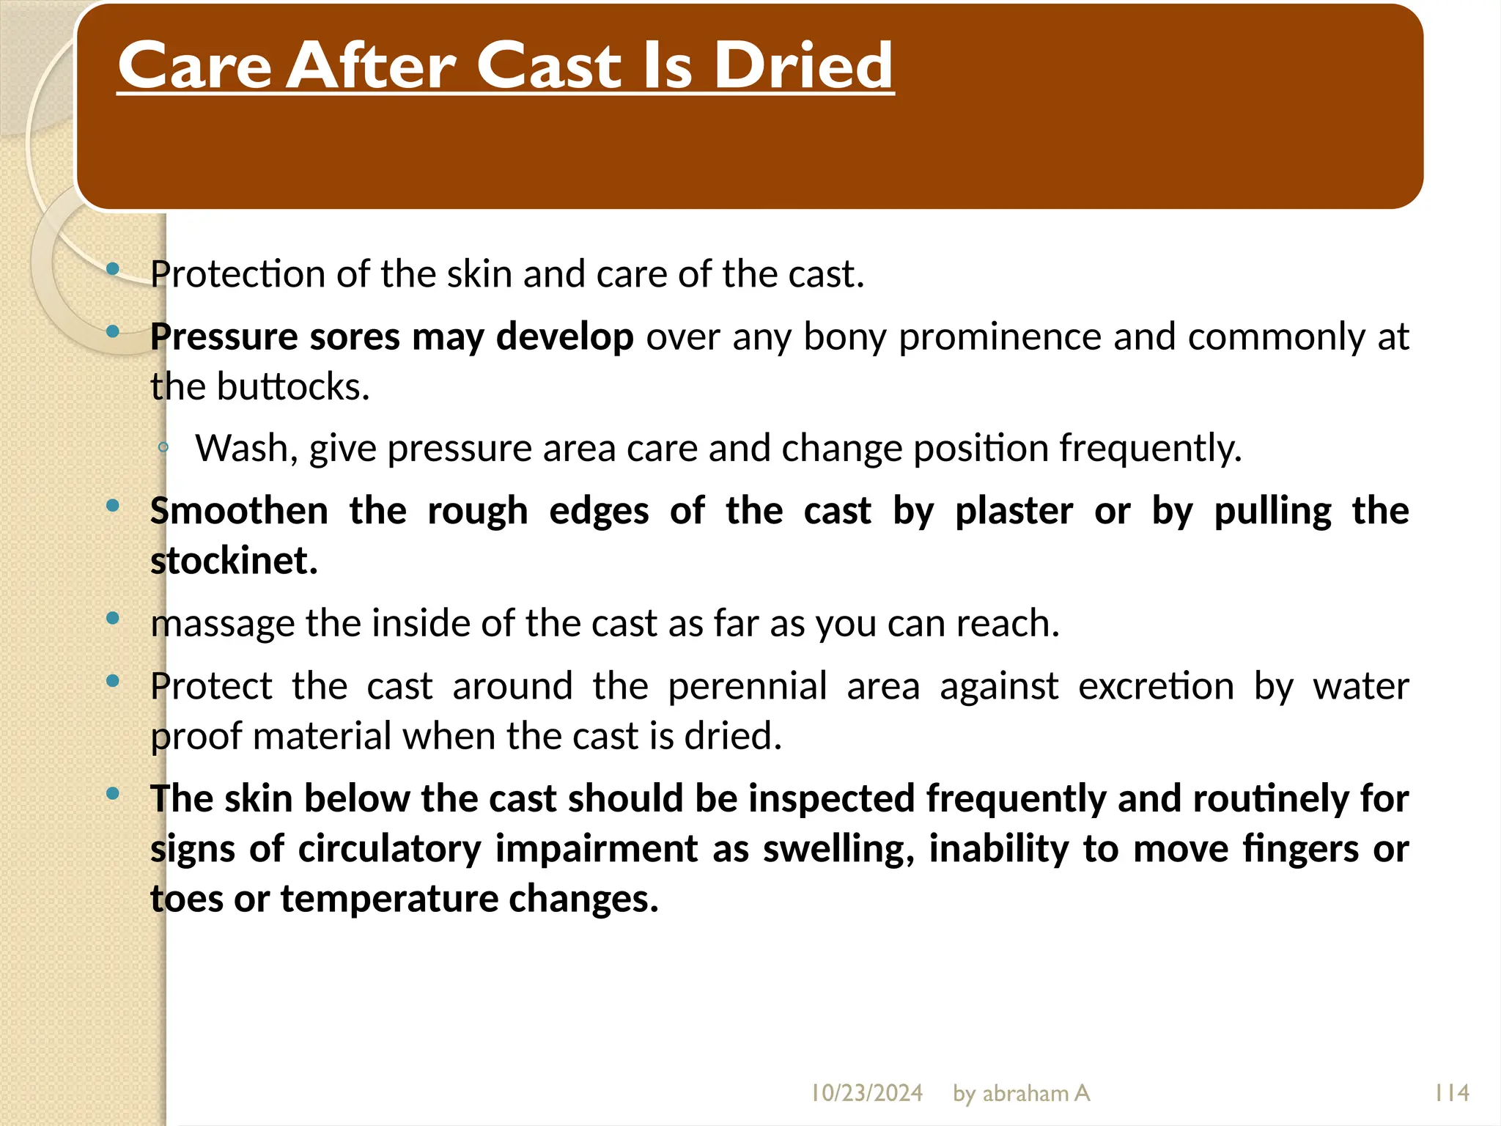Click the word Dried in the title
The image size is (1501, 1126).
click(x=803, y=66)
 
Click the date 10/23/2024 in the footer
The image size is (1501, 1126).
click(x=866, y=1093)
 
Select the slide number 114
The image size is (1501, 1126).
click(x=1451, y=1093)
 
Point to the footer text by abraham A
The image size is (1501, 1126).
click(x=1021, y=1093)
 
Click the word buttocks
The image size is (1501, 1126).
click(x=292, y=386)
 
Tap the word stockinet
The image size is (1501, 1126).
click(x=234, y=561)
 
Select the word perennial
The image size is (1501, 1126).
click(x=747, y=686)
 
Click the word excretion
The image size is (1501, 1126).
click(x=1156, y=686)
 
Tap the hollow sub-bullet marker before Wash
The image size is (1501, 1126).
click(x=163, y=447)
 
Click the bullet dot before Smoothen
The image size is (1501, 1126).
click(x=113, y=505)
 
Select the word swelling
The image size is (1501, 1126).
click(x=838, y=849)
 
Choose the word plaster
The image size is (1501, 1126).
click(x=1014, y=511)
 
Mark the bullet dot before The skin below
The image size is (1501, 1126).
click(x=113, y=793)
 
